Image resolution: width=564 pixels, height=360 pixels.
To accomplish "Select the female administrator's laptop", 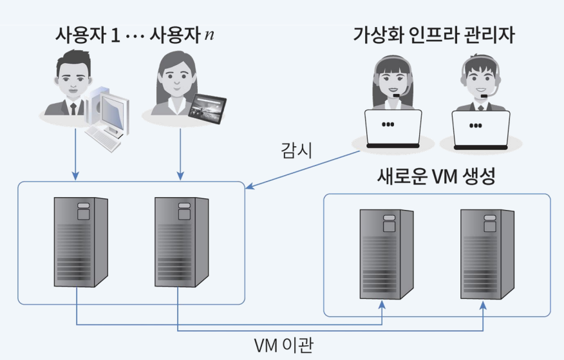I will tap(393, 128).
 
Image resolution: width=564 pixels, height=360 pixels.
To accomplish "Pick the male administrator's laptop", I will tap(480, 128).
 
